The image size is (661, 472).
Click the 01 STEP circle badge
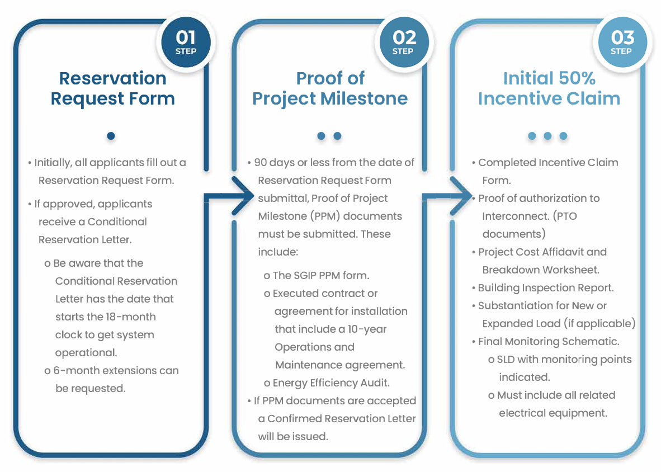point(186,42)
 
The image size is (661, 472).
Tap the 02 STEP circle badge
point(404,42)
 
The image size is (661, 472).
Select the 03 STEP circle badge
point(622,42)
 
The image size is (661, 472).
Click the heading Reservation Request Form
point(112,88)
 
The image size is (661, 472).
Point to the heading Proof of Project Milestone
point(330,88)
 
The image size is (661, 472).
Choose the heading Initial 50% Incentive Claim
point(549,88)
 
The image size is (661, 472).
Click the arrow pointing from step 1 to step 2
point(230,196)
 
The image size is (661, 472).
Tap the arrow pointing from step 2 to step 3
point(448,196)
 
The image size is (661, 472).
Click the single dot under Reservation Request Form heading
point(111,136)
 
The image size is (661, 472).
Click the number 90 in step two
point(260,162)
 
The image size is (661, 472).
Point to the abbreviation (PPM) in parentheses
point(324,216)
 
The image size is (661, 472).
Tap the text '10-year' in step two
point(367,329)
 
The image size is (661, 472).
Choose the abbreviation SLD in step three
point(506,360)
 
